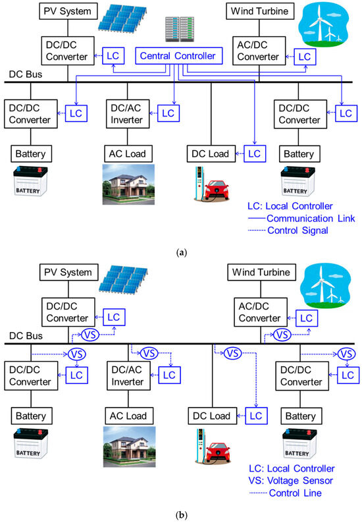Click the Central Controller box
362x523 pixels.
click(178, 57)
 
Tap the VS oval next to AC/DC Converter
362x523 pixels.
click(282, 335)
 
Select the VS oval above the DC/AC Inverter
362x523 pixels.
click(150, 352)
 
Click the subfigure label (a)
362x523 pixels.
click(180, 251)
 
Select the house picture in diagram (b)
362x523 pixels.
click(128, 446)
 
